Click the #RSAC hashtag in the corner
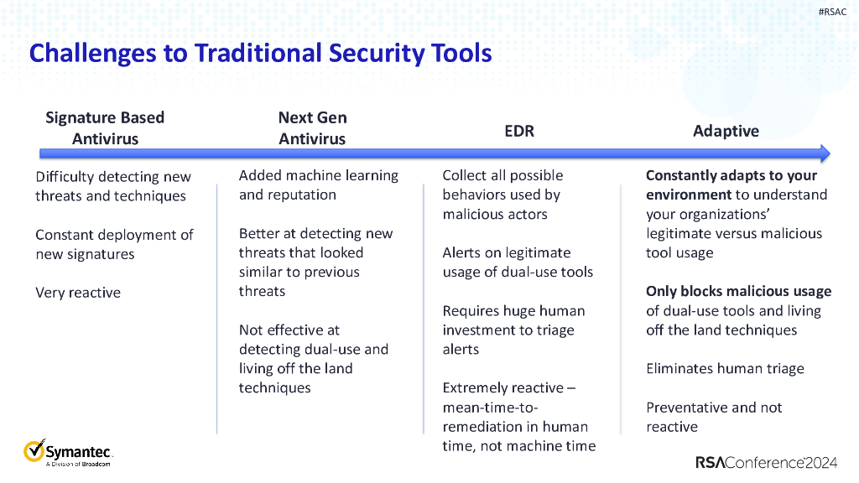click(833, 12)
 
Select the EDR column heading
click(518, 131)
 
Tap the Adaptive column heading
click(726, 131)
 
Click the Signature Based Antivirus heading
click(105, 127)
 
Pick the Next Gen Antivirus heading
click(312, 127)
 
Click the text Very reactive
click(78, 293)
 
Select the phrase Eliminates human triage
click(725, 368)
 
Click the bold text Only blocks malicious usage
click(738, 291)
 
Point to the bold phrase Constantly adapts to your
click(731, 175)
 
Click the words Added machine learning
click(318, 175)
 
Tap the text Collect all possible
click(502, 175)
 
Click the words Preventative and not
click(714, 408)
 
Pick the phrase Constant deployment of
click(114, 234)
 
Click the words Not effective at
click(289, 330)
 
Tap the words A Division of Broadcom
click(78, 464)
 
